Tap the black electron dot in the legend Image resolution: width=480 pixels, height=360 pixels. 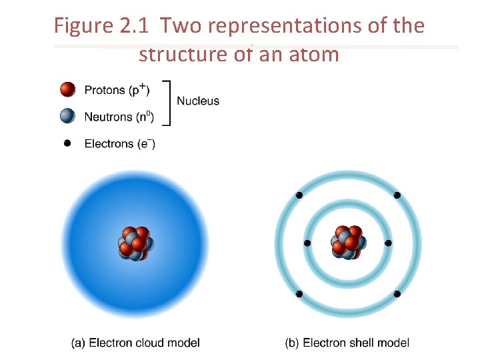point(67,143)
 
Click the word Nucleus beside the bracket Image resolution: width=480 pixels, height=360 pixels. point(197,101)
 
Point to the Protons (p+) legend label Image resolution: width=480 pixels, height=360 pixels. point(117,89)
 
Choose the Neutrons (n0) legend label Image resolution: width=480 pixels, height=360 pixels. point(119,117)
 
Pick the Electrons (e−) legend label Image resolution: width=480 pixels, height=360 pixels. point(119,143)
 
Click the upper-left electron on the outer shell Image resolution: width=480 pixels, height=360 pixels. point(299,195)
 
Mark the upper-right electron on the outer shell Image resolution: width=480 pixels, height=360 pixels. point(397,195)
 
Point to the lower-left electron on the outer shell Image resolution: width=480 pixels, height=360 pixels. point(299,293)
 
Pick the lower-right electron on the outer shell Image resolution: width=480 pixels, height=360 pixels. point(397,293)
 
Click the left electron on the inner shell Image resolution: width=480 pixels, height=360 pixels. point(307,243)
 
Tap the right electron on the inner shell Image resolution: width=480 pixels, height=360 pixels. point(388,243)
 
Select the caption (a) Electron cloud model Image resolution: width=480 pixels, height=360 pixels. point(135,343)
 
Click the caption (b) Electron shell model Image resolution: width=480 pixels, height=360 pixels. point(347,343)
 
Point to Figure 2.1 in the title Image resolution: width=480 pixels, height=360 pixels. point(103,26)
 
